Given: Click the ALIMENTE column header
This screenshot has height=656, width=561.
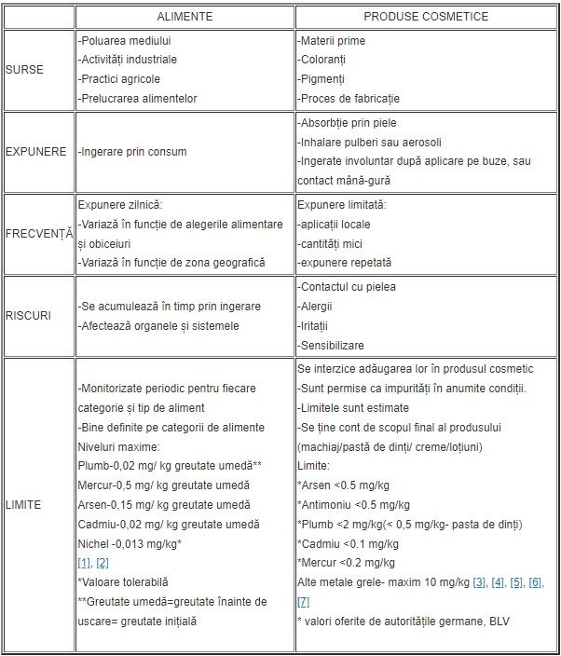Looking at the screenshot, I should pyautogui.click(x=185, y=17).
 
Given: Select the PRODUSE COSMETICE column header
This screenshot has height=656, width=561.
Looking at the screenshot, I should pyautogui.click(x=425, y=17).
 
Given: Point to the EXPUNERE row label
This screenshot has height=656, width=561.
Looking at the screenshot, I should pyautogui.click(x=34, y=151).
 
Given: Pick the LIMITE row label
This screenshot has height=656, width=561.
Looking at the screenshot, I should pyautogui.click(x=23, y=504).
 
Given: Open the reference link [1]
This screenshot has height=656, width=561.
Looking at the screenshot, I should pyautogui.click(x=84, y=563).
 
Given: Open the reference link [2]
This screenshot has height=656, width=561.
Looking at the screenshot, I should pyautogui.click(x=103, y=563).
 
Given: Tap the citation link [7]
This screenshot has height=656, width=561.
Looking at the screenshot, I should pyautogui.click(x=304, y=602).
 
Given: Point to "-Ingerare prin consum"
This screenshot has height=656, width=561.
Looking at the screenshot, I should pyautogui.click(x=132, y=151).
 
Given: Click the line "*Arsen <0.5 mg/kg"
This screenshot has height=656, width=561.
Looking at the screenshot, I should pyautogui.click(x=343, y=485).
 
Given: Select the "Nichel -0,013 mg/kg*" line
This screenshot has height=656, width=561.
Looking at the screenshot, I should pyautogui.click(x=129, y=543).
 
